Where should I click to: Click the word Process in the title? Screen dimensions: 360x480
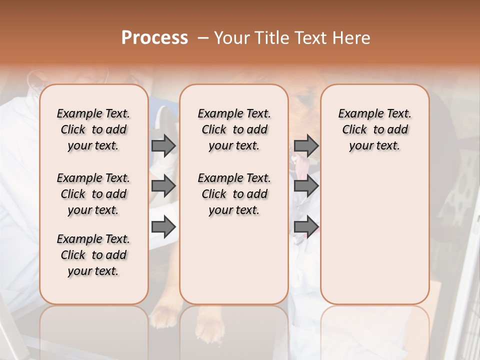(154, 38)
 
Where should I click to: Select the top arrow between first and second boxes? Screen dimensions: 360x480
(163, 145)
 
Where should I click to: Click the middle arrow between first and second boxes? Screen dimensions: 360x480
(163, 186)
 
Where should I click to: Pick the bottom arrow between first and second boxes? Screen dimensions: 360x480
(163, 227)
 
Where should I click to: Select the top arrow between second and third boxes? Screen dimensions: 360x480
(306, 145)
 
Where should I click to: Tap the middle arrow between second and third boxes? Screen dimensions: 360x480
(306, 186)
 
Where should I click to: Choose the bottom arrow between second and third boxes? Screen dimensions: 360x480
(306, 227)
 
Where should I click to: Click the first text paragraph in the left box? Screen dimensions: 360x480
(93, 129)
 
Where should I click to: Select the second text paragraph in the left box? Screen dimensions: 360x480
(93, 194)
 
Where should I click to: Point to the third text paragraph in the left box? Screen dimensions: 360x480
(93, 255)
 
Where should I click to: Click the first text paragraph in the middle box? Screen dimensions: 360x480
(234, 129)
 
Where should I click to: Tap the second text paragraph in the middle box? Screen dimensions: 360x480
(234, 194)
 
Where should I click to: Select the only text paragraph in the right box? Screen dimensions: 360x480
(375, 129)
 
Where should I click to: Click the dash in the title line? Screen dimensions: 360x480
(203, 38)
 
